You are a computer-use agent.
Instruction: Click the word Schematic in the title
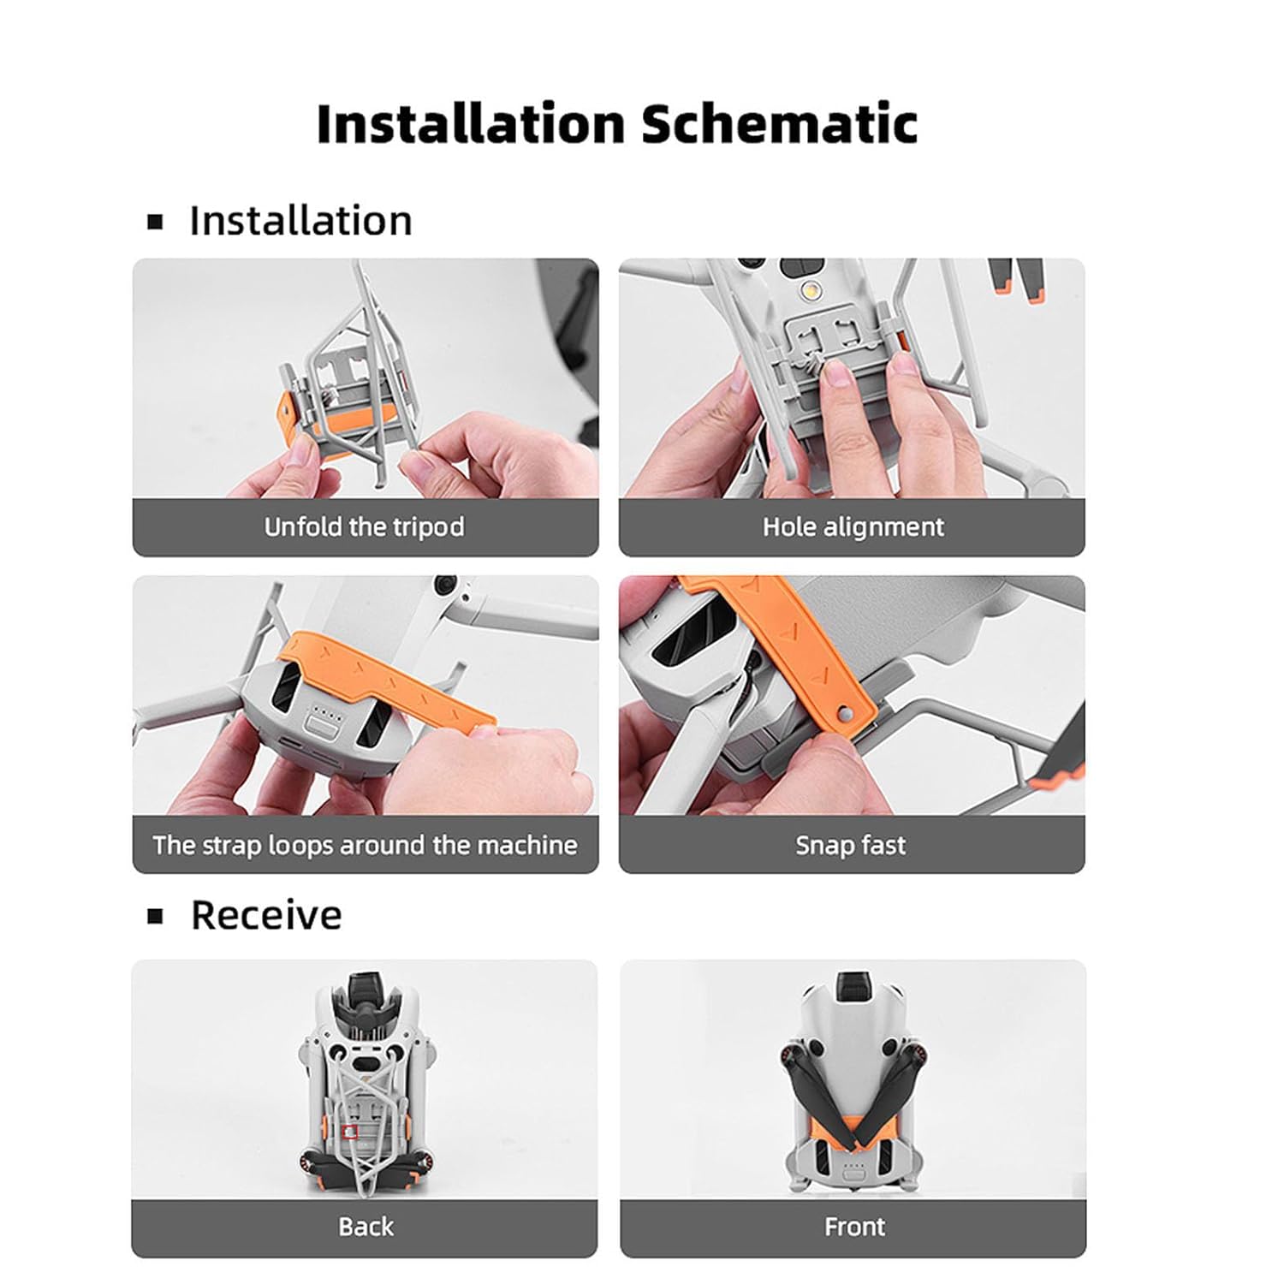779,123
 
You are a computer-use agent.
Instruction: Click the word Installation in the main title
471,123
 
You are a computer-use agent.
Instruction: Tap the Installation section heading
300,221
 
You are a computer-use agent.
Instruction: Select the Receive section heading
266,915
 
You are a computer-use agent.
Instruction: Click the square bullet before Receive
155,917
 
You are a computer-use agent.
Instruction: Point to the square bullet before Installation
155,223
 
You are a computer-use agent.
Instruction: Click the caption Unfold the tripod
364,526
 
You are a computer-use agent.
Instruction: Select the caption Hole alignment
853,526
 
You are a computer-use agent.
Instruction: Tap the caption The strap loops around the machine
365,845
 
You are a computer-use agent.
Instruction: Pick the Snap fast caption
850,845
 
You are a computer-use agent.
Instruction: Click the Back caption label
366,1227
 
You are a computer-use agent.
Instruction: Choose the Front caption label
854,1227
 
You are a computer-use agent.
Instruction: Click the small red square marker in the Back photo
349,1132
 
